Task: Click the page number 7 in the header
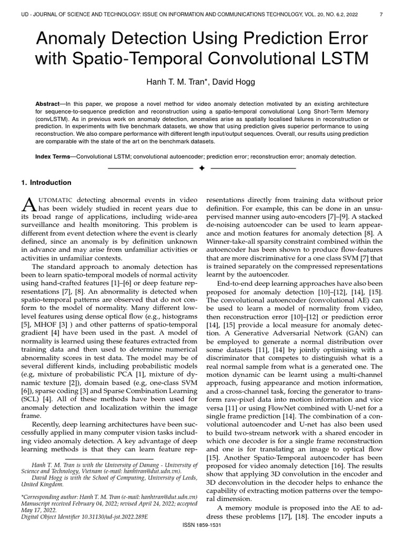pos(380,15)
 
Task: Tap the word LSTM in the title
pos(340,58)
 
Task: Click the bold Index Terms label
pos(55,157)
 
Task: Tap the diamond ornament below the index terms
pos(202,168)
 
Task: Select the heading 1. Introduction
pos(46,183)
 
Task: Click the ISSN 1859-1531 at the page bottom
pos(202,527)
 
